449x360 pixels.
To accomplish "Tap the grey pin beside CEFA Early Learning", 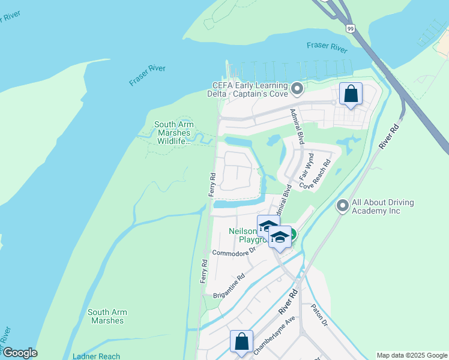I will click(296, 90).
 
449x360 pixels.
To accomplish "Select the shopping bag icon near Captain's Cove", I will click(351, 94).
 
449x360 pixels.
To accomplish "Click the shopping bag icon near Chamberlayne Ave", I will click(241, 341).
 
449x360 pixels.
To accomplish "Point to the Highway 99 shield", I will click(350, 28).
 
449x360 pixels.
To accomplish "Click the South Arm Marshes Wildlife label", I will click(172, 133).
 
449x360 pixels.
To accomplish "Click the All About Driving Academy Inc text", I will click(383, 207).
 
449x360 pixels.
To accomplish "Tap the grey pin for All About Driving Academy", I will click(343, 206).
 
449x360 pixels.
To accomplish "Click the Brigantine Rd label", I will click(230, 286).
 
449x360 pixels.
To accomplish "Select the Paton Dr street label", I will click(319, 316).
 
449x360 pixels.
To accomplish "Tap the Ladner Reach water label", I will click(96, 356).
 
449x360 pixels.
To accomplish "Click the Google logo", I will click(20, 353).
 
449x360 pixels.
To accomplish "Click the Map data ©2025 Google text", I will click(411, 355).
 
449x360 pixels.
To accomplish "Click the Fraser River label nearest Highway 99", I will click(327, 46).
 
